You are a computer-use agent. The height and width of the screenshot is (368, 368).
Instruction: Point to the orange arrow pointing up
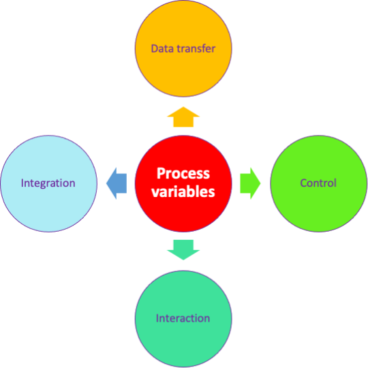pyautogui.click(x=183, y=117)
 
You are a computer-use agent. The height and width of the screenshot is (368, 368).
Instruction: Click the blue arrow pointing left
pyautogui.click(x=117, y=183)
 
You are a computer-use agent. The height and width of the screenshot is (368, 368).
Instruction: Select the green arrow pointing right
pyautogui.click(x=250, y=183)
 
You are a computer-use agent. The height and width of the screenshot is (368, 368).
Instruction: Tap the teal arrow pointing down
pyautogui.click(x=183, y=250)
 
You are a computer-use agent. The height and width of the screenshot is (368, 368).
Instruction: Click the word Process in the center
pyautogui.click(x=183, y=174)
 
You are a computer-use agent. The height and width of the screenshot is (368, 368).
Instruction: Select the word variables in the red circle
pyautogui.click(x=183, y=191)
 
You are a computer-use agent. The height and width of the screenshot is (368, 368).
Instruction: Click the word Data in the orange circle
pyautogui.click(x=163, y=48)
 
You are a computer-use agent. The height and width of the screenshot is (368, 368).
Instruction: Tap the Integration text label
pyautogui.click(x=48, y=183)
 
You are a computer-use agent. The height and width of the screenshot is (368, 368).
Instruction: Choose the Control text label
pyautogui.click(x=318, y=183)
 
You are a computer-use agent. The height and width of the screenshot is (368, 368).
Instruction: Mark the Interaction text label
pyautogui.click(x=183, y=318)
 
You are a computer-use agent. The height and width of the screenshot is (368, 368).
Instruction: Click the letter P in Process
pyautogui.click(x=162, y=174)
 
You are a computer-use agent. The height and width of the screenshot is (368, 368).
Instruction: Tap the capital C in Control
pyautogui.click(x=304, y=183)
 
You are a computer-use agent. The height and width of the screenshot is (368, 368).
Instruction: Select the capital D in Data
pyautogui.click(x=155, y=49)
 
